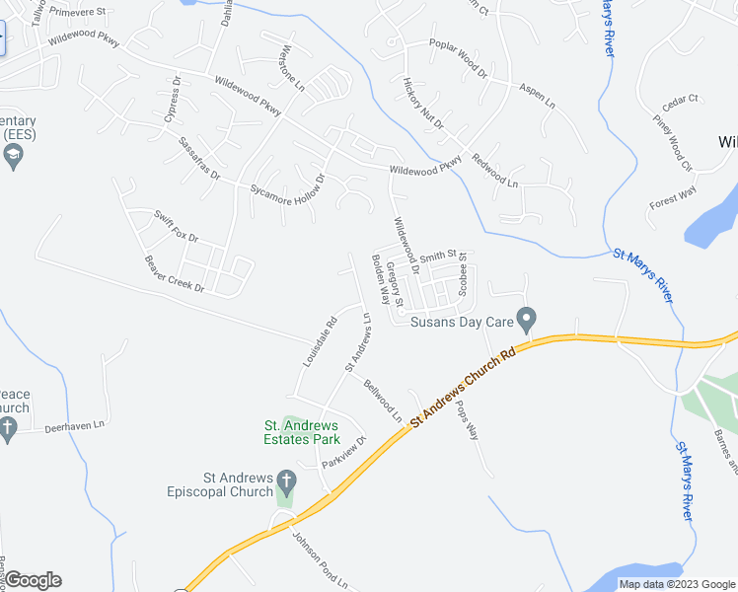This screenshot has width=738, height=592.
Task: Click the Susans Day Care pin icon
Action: point(526,320)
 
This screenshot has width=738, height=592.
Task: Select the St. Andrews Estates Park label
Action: point(301,433)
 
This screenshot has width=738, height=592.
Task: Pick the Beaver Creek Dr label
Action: point(173,274)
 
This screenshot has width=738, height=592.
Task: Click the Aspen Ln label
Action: point(537,96)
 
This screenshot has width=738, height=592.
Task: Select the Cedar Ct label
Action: point(680,99)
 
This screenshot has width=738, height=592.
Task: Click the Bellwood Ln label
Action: point(382,400)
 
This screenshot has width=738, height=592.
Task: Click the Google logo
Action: point(33,580)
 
